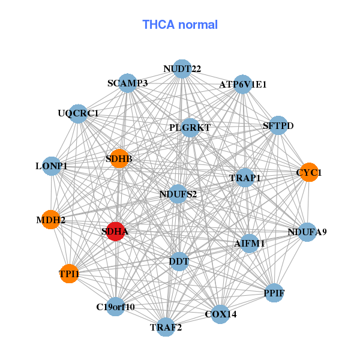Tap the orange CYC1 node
point(309,172)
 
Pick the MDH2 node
point(50,220)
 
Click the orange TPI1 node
point(69,274)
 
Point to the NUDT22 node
point(182,69)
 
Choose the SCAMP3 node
point(128,83)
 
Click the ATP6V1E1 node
point(242,85)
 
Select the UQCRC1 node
point(79,113)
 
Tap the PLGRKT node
point(190,127)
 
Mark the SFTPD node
point(278,125)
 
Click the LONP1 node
point(52,166)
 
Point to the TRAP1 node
point(245,178)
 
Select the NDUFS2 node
point(178,194)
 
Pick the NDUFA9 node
point(307,232)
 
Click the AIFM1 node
point(249,244)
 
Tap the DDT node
point(179,262)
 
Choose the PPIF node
point(274,293)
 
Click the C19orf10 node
point(116,307)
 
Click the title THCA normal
point(180,25)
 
